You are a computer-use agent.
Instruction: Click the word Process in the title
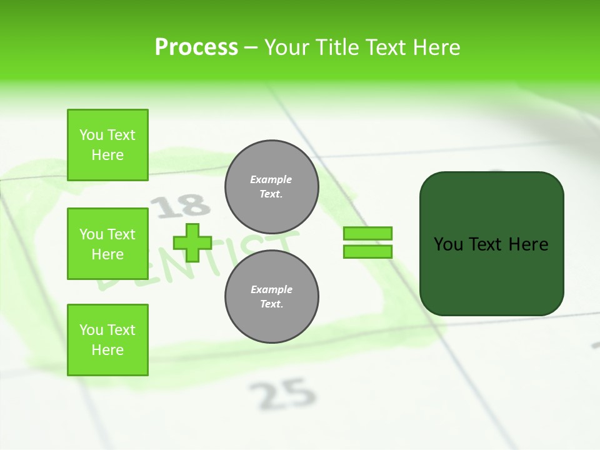tap(196, 47)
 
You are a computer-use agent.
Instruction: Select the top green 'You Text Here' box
tap(107, 145)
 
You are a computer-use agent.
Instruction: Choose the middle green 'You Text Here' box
tap(107, 244)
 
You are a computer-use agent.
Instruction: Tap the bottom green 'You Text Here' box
tap(107, 340)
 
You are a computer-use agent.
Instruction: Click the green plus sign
tap(192, 242)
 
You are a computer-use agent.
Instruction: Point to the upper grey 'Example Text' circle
tap(271, 187)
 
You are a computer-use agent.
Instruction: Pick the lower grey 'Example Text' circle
tap(271, 297)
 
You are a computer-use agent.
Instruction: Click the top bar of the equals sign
tap(367, 233)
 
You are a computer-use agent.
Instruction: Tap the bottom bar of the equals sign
tap(367, 251)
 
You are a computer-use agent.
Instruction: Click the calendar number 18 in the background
tap(181, 206)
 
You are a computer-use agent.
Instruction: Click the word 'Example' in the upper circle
tap(271, 180)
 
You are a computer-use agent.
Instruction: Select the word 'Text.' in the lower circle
tap(271, 304)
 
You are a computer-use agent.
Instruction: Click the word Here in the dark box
tap(528, 244)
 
